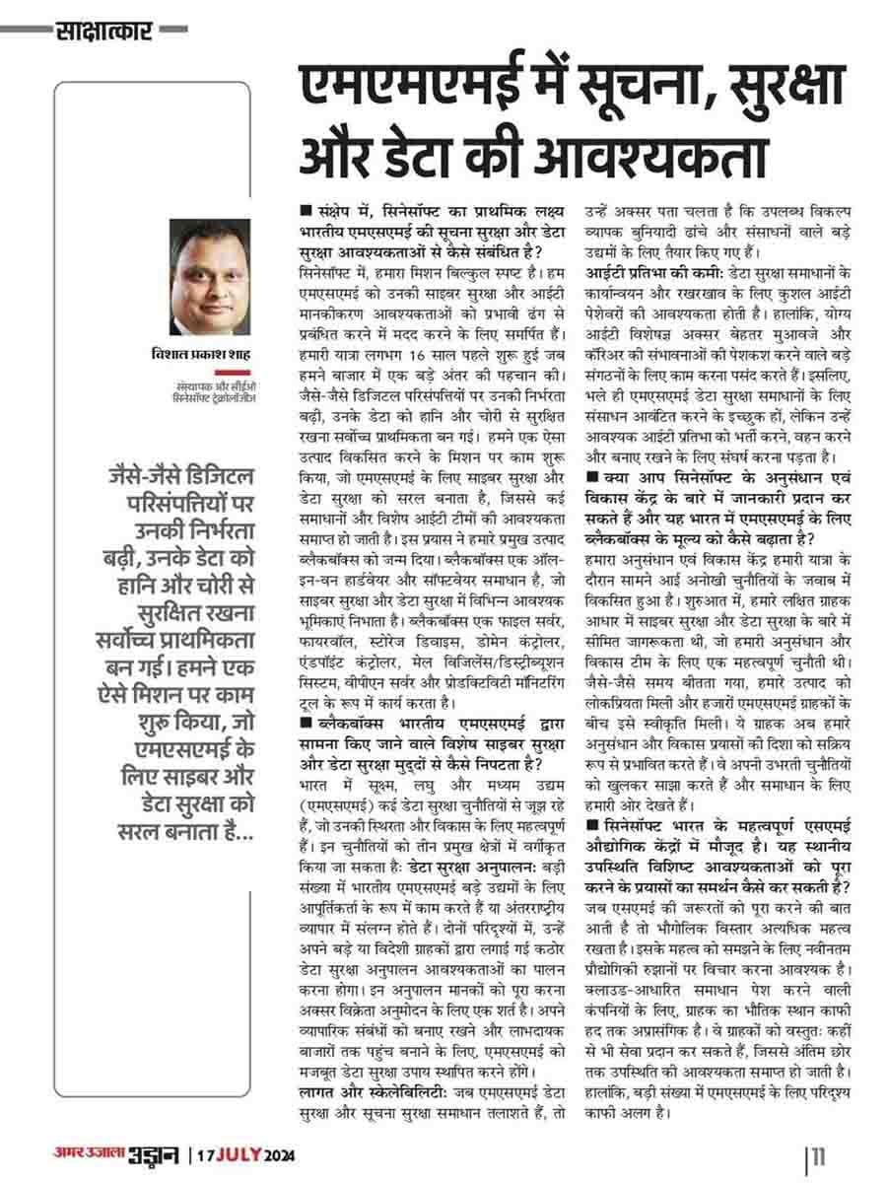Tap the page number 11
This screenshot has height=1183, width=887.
coord(822,1154)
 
